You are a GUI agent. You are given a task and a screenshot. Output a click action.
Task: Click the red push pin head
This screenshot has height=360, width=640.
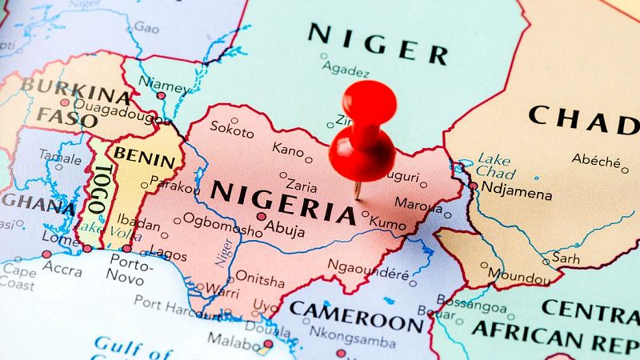tap(369, 102)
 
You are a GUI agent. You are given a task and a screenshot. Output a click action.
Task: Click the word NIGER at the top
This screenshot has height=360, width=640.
tap(378, 42)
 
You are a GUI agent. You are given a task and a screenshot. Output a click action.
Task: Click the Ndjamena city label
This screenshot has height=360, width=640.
tap(517, 194)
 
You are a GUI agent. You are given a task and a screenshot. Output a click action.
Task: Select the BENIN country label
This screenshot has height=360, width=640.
tap(144, 157)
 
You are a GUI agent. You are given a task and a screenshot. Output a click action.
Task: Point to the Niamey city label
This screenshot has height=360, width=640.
tap(168, 83)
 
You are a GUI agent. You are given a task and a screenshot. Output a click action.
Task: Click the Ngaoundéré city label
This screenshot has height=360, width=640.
tap(369, 274)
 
